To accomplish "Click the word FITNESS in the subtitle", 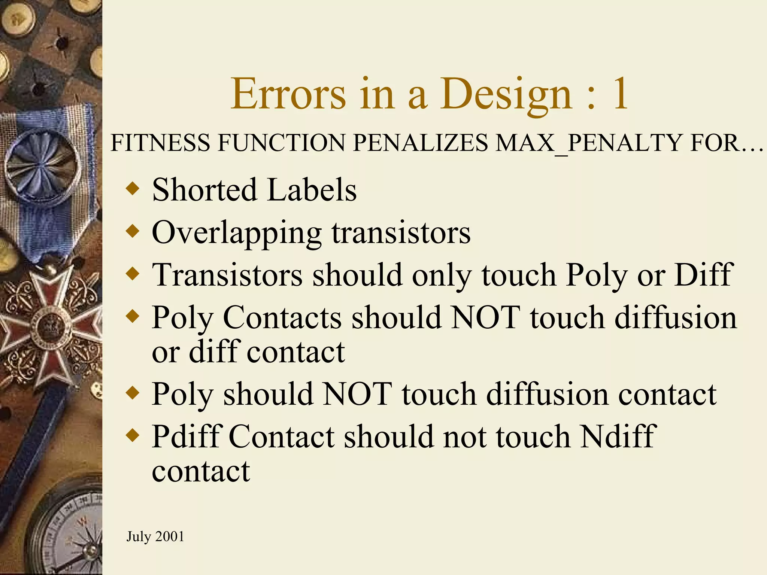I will click(161, 143).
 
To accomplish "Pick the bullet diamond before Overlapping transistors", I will click(133, 231).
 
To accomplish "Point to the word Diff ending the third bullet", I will click(703, 275).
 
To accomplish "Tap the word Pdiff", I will click(187, 436).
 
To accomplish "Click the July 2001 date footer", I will click(155, 536).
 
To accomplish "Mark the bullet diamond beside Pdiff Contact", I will click(133, 435).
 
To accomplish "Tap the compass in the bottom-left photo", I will click(71, 532).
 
